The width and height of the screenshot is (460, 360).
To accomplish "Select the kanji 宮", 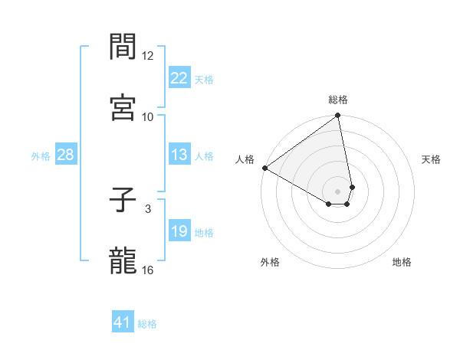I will [123, 108].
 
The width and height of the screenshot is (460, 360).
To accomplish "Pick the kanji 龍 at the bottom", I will [123, 260].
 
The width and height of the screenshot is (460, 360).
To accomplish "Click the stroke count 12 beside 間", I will [148, 56].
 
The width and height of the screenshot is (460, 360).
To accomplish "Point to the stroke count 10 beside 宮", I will [148, 116].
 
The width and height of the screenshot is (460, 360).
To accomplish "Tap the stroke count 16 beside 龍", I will [148, 270].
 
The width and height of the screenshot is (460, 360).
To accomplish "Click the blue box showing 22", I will [179, 78].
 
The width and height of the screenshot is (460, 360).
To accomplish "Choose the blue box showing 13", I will [179, 155].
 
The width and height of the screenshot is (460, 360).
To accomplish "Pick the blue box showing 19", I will [179, 231].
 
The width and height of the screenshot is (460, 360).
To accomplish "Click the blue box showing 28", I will [66, 155].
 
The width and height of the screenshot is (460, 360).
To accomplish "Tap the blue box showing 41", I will [123, 323].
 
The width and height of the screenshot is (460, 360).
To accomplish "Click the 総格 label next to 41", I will [147, 324].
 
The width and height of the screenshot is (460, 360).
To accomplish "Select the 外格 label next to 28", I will [41, 155].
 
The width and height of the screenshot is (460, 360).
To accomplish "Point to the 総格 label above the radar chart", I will [338, 100].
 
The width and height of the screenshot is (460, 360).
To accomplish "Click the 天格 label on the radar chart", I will [431, 159].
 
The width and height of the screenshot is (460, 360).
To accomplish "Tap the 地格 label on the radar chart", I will [402, 262].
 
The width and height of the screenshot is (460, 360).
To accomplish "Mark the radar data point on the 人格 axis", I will [264, 168].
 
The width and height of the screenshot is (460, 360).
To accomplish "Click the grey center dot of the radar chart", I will [338, 191].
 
